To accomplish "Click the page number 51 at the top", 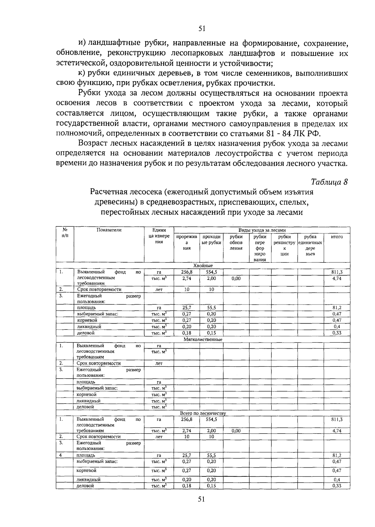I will tap(202, 28).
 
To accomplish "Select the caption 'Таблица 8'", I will tap(329, 181).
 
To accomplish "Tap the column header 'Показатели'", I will tap(109, 230).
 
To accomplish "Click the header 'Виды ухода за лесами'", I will tap(262, 230).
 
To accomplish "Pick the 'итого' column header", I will tap(337, 237).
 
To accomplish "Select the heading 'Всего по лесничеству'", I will tap(203, 413).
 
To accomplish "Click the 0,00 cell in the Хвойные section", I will tap(236, 278).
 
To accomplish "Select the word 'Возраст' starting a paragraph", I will tap(92, 144).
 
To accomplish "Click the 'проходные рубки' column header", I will tap(212, 240).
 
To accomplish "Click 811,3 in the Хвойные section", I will tap(337, 272).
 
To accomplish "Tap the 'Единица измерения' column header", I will tap(159, 236).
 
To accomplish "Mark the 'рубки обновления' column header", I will tap(236, 242).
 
